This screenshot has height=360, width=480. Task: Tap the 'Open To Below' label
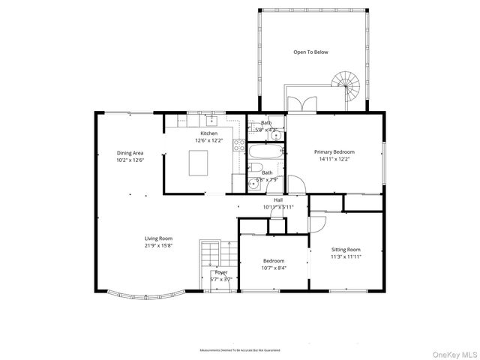coord(310,52)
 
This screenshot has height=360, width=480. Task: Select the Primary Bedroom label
coord(334,151)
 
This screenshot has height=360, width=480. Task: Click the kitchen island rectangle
coord(199,163)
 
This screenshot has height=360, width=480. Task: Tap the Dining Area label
coord(130,153)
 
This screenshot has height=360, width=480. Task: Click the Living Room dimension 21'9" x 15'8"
coord(159,245)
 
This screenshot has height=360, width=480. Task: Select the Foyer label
coord(221,272)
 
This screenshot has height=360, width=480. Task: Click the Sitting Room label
coord(346,250)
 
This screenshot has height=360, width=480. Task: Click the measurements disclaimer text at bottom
coord(239,350)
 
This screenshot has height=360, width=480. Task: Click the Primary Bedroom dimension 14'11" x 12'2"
coord(334,159)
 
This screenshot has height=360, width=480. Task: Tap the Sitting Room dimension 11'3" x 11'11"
coord(346,256)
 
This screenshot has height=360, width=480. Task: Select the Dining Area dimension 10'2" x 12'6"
coord(130,160)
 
